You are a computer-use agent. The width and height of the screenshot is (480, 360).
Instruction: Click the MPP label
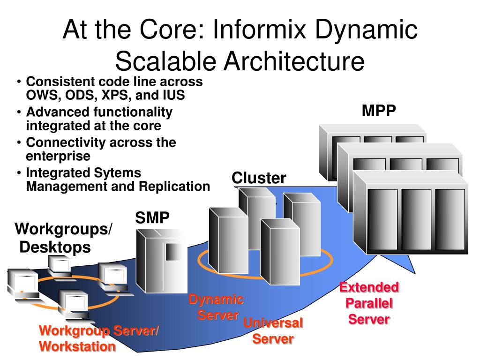click(x=379, y=112)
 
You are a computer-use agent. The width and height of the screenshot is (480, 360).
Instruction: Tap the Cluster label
click(x=259, y=178)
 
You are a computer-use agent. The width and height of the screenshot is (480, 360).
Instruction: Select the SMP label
click(x=152, y=218)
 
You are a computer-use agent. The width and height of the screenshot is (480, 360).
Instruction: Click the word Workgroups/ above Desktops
click(x=64, y=230)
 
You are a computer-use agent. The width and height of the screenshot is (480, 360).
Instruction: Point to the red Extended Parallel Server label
click(x=369, y=303)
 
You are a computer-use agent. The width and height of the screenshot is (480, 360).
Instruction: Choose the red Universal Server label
click(x=273, y=330)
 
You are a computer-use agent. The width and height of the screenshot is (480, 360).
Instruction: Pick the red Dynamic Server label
click(x=217, y=307)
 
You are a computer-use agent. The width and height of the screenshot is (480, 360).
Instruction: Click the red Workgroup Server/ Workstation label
click(x=98, y=338)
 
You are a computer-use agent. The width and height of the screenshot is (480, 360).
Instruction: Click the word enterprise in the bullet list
click(x=58, y=156)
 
